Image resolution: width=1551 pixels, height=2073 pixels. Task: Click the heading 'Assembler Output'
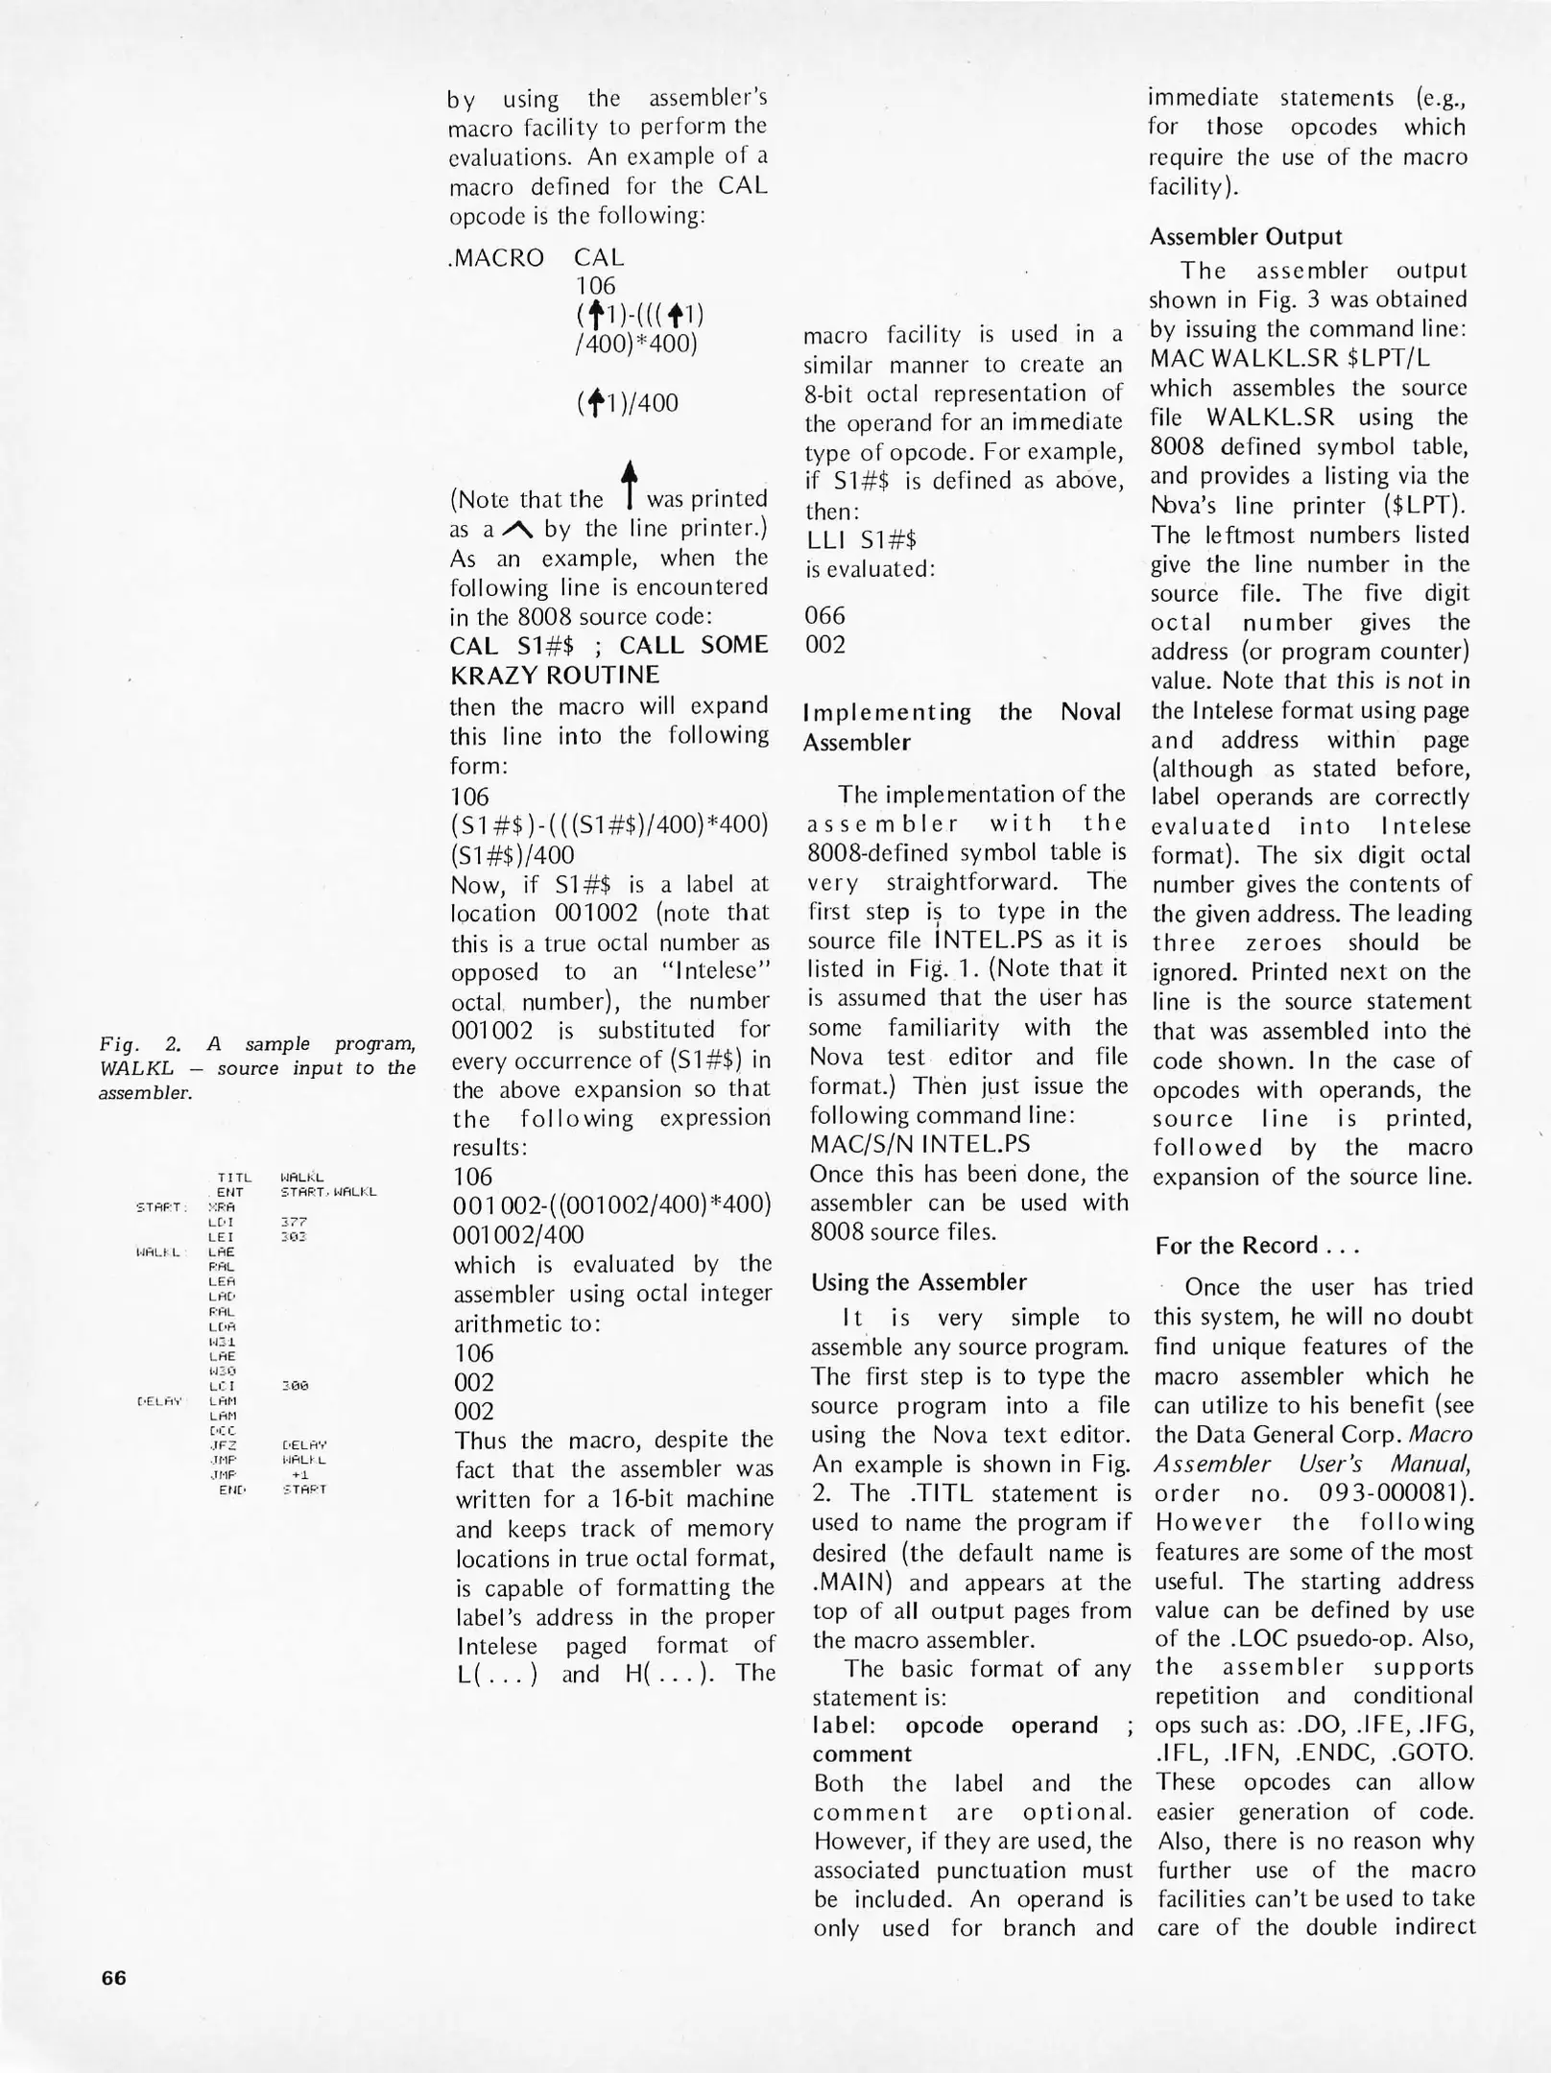pyautogui.click(x=1245, y=237)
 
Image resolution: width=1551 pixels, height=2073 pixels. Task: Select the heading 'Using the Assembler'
pyautogui.click(x=919, y=1282)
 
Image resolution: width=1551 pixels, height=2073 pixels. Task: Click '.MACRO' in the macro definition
pyautogui.click(x=496, y=257)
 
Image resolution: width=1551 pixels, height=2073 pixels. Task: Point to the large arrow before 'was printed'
pyautogui.click(x=629, y=485)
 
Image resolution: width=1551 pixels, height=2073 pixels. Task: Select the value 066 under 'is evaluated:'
pyautogui.click(x=825, y=615)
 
